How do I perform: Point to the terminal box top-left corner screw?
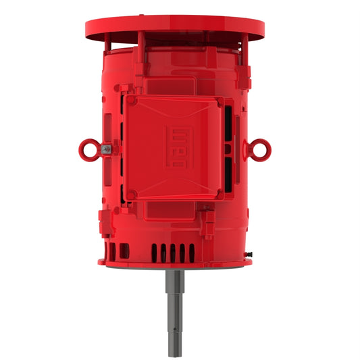pyautogui.click(x=132, y=101)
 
